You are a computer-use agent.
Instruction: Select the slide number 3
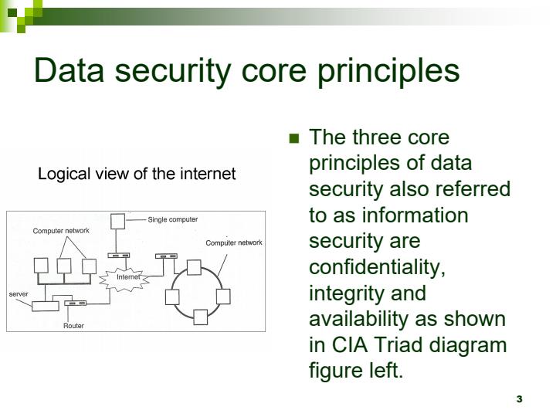(x=519, y=398)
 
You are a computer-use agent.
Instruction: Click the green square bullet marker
(x=293, y=139)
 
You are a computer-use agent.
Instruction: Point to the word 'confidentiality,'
(x=378, y=267)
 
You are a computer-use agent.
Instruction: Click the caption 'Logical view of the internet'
(x=137, y=174)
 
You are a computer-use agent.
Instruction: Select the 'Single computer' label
(x=172, y=220)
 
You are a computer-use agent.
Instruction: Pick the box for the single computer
(x=117, y=222)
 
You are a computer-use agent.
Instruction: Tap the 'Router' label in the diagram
(x=73, y=326)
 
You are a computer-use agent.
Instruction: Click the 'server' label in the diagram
(x=19, y=294)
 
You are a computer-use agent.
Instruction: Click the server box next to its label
(x=44, y=304)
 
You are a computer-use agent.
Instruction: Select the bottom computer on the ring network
(x=201, y=317)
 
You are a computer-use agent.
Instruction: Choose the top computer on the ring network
(x=194, y=266)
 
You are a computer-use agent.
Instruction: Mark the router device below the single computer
(x=119, y=256)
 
